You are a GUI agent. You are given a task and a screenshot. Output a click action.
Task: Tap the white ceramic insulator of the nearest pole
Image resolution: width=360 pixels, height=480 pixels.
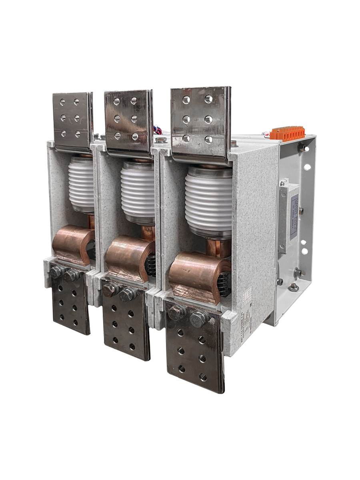point(208,200)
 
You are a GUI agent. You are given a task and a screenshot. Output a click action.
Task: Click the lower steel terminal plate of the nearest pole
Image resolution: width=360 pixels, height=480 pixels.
point(192,348)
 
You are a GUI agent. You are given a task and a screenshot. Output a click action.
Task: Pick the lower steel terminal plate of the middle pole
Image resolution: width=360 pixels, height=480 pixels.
point(126,320)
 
